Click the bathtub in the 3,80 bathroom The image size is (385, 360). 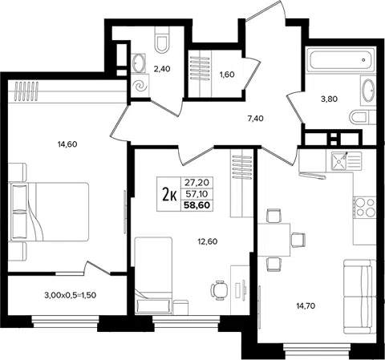coord(340,60)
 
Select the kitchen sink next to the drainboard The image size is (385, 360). coord(339,160)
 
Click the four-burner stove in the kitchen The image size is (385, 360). coord(365,208)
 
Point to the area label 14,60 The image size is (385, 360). coord(67,144)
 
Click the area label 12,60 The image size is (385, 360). coord(208,242)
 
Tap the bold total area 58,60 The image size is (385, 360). coord(197,205)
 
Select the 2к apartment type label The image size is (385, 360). coord(169,194)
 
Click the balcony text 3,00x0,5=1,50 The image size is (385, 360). coord(70,295)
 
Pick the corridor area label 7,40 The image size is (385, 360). coord(256,119)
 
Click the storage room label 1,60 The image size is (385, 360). coord(227,75)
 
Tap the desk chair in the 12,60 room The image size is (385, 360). coord(219,290)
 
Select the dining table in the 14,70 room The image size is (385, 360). coord(274,240)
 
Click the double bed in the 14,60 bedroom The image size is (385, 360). coord(49,212)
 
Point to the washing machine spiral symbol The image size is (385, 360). coord(140,86)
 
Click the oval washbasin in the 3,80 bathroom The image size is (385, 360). coord(368,90)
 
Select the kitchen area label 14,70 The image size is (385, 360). coord(306,305)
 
